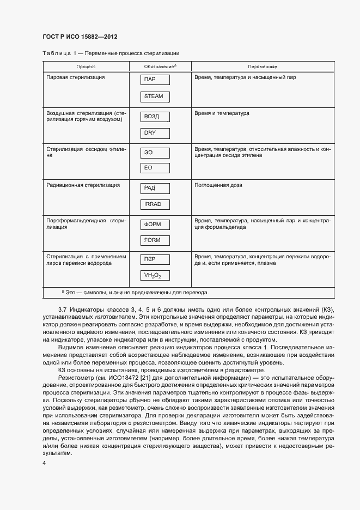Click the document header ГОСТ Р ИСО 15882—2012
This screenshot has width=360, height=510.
pyautogui.click(x=80, y=37)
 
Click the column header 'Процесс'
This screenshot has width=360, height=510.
pyautogui.click(x=86, y=66)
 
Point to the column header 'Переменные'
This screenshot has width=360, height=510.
pyautogui.click(x=262, y=66)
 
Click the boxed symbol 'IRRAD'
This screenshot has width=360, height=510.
pyautogui.click(x=155, y=204)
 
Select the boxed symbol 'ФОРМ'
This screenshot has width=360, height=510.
pyautogui.click(x=155, y=224)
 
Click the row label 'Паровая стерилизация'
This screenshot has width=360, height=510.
pyautogui.click(x=76, y=77)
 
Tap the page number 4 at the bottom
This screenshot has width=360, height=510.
pyautogui.click(x=44, y=463)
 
